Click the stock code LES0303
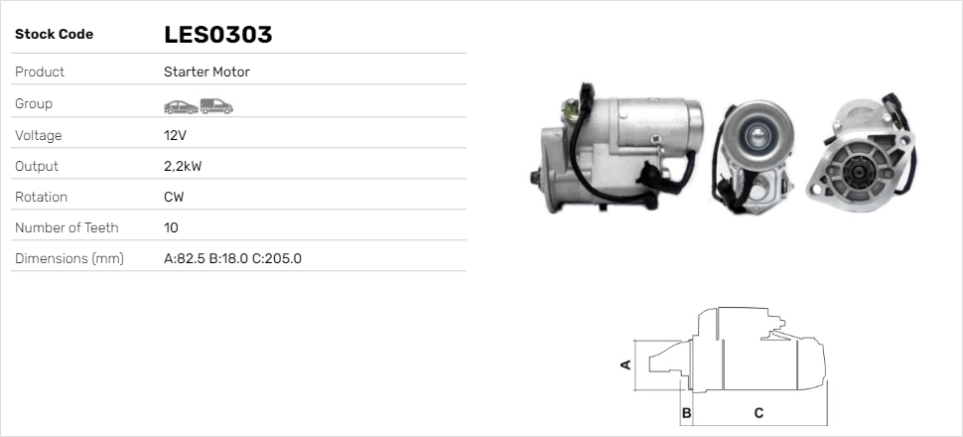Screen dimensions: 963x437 [x=218, y=35]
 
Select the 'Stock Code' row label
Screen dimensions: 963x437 [x=54, y=35]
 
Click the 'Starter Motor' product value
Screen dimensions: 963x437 [x=206, y=72]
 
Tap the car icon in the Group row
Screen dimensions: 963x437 [x=181, y=106]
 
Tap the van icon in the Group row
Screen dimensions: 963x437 [x=216, y=106]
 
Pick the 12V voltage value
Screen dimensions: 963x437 [x=175, y=135]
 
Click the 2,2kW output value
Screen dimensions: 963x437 [x=183, y=167]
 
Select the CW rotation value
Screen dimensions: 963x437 [x=174, y=198]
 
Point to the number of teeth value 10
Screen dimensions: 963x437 [x=172, y=228]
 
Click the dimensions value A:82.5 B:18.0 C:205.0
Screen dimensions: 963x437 [x=232, y=259]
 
